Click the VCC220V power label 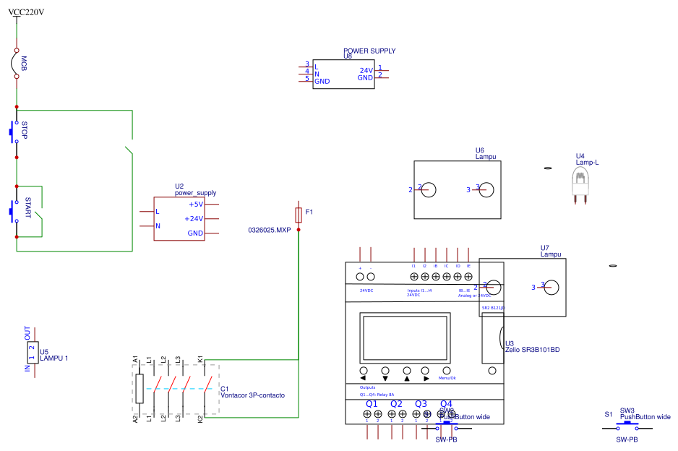26,12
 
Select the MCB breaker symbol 16,64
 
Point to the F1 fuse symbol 299,214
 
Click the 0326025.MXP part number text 269,230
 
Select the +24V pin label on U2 194,219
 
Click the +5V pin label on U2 196,205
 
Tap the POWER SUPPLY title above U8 369,51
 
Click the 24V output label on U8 366,71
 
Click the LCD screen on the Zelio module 405,339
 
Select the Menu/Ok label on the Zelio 447,379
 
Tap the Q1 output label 372,404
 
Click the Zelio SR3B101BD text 533,350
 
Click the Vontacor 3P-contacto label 252,396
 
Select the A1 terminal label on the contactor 136,359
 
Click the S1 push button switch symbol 627,428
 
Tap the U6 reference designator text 480,150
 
